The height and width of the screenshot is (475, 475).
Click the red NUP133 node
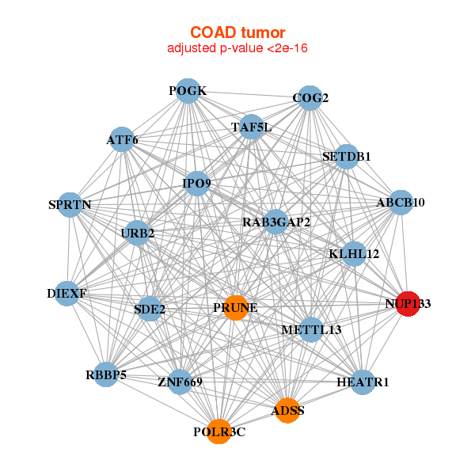tap(408, 303)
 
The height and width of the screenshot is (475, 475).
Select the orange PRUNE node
tap(236, 307)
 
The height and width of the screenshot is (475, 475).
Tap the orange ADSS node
tap(287, 410)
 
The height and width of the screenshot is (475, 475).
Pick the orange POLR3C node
tap(218, 431)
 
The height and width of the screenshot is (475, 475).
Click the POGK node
tap(187, 91)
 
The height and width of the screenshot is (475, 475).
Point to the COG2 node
tap(310, 98)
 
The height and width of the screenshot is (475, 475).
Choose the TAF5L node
tap(251, 127)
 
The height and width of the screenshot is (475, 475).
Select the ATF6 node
tap(122, 140)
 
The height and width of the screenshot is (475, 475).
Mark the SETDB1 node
tap(347, 156)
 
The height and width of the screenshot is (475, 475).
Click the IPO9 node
tap(196, 184)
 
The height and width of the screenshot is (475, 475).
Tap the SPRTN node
tap(70, 205)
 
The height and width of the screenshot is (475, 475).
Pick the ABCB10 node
tap(401, 203)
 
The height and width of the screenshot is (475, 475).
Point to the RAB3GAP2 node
tap(275, 222)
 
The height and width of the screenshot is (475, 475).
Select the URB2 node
tap(138, 233)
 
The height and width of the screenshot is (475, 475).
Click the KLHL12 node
tap(354, 254)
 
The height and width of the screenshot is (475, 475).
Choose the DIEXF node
tap(67, 294)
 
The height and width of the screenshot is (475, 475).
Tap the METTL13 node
tap(311, 329)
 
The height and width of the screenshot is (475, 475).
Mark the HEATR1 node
tap(363, 382)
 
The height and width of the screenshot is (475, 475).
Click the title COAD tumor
tap(237, 32)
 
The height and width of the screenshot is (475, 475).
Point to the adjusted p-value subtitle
tap(237, 48)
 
